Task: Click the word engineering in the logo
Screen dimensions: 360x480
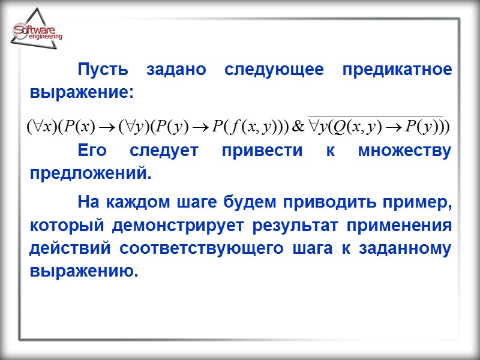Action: pyautogui.click(x=45, y=37)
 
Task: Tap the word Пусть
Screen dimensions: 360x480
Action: pyautogui.click(x=103, y=69)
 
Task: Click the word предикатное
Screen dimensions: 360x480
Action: pyautogui.click(x=397, y=69)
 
